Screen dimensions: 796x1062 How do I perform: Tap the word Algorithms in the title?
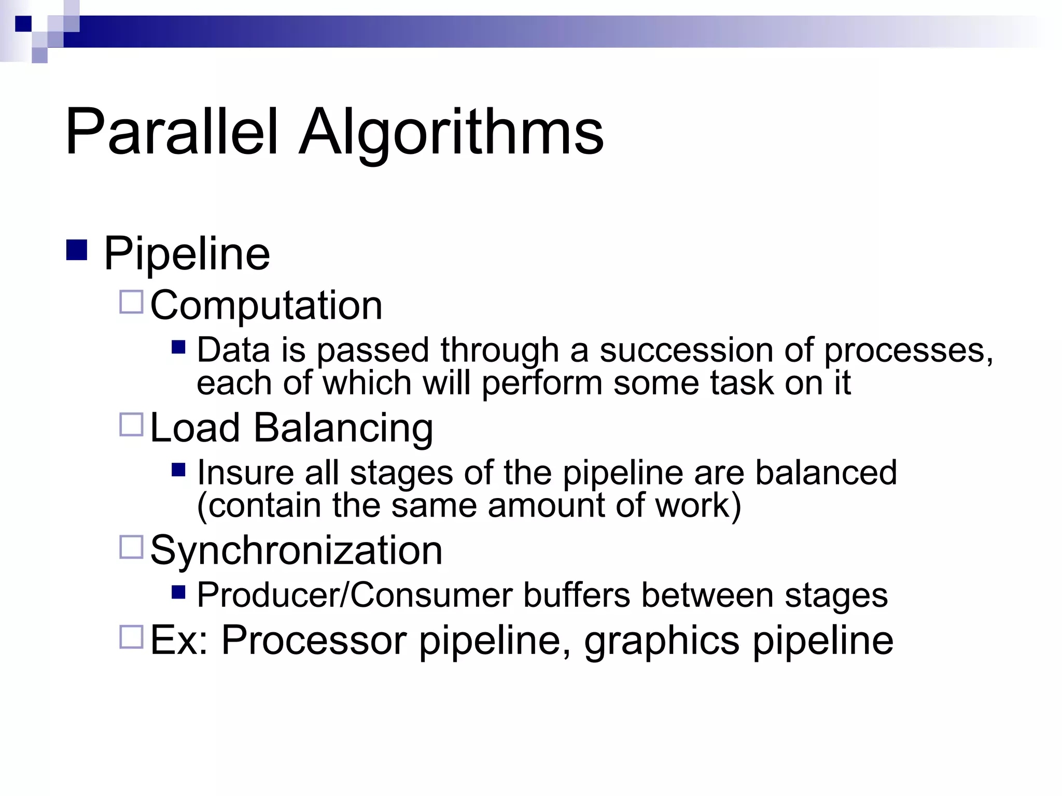[451, 133]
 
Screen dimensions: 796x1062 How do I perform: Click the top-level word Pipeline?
[187, 254]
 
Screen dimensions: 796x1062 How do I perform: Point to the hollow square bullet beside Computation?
[131, 302]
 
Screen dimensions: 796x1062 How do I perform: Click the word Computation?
[266, 305]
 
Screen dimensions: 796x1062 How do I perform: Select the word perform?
[542, 383]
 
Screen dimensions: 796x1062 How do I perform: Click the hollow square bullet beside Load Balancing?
[131, 424]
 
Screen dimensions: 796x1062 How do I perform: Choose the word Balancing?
[343, 429]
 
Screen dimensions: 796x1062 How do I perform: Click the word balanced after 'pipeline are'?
[826, 473]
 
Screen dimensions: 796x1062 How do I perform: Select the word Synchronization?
[296, 550]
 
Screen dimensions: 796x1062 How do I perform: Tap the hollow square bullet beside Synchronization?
[131, 547]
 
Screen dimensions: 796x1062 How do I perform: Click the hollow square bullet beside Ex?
[131, 637]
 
